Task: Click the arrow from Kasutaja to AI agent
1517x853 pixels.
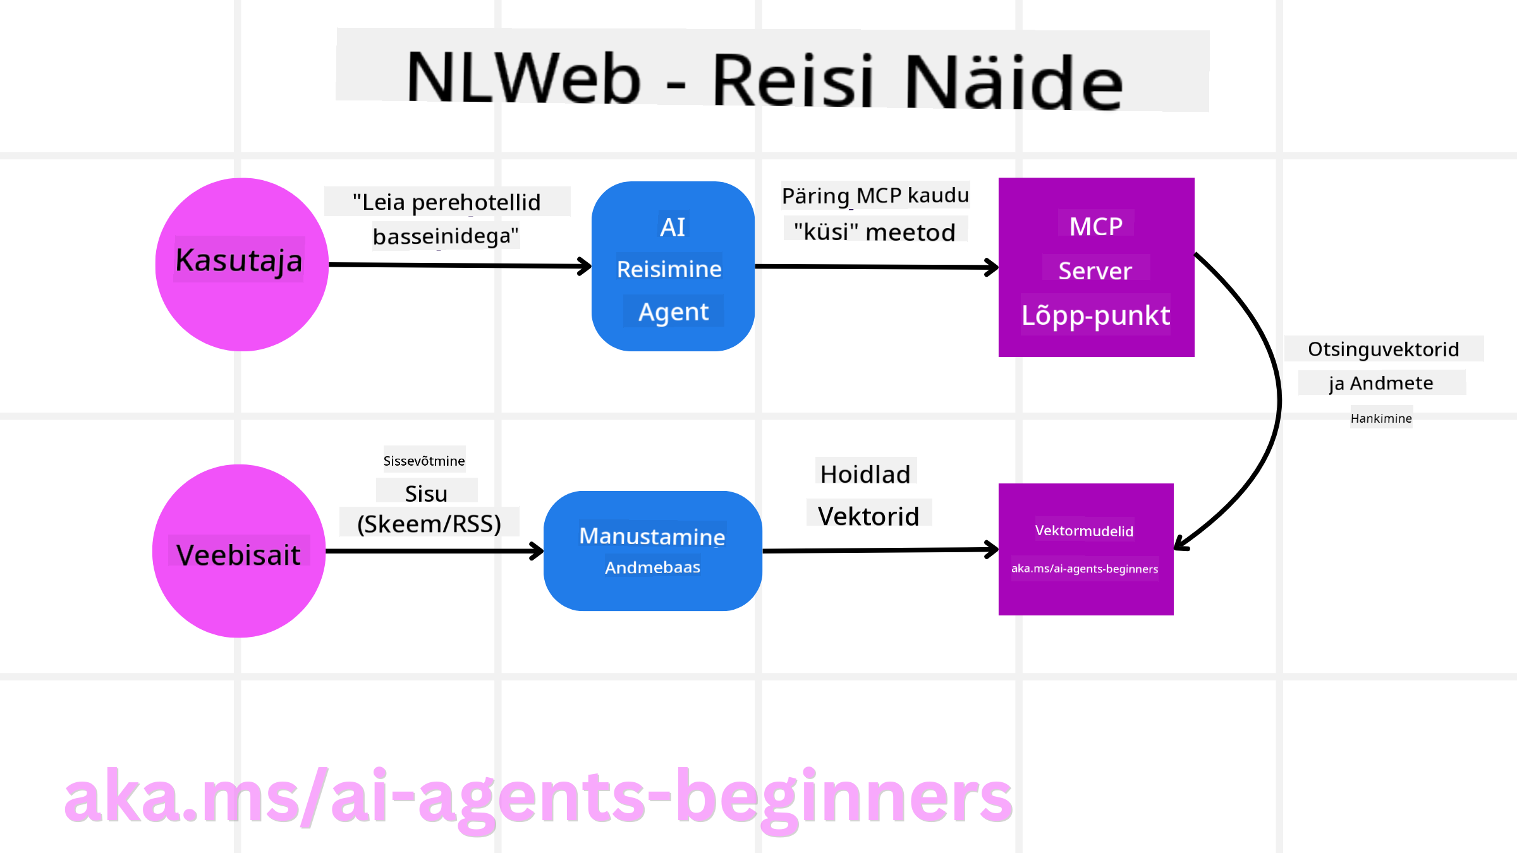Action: click(x=460, y=265)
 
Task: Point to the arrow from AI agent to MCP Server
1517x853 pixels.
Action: click(x=876, y=267)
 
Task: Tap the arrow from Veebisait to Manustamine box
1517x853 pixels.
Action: click(x=434, y=551)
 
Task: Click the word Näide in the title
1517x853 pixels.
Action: click(x=1013, y=81)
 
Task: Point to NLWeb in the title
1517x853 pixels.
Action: click(x=524, y=77)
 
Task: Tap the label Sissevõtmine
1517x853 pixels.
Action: click(x=423, y=461)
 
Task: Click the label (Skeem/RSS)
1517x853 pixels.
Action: click(x=429, y=524)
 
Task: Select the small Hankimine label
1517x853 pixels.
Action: click(x=1381, y=418)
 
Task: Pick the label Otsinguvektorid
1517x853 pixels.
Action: click(x=1384, y=349)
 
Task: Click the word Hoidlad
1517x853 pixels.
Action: click(x=865, y=474)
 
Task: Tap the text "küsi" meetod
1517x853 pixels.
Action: click(x=875, y=232)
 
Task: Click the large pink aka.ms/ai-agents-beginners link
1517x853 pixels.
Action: click(x=538, y=797)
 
